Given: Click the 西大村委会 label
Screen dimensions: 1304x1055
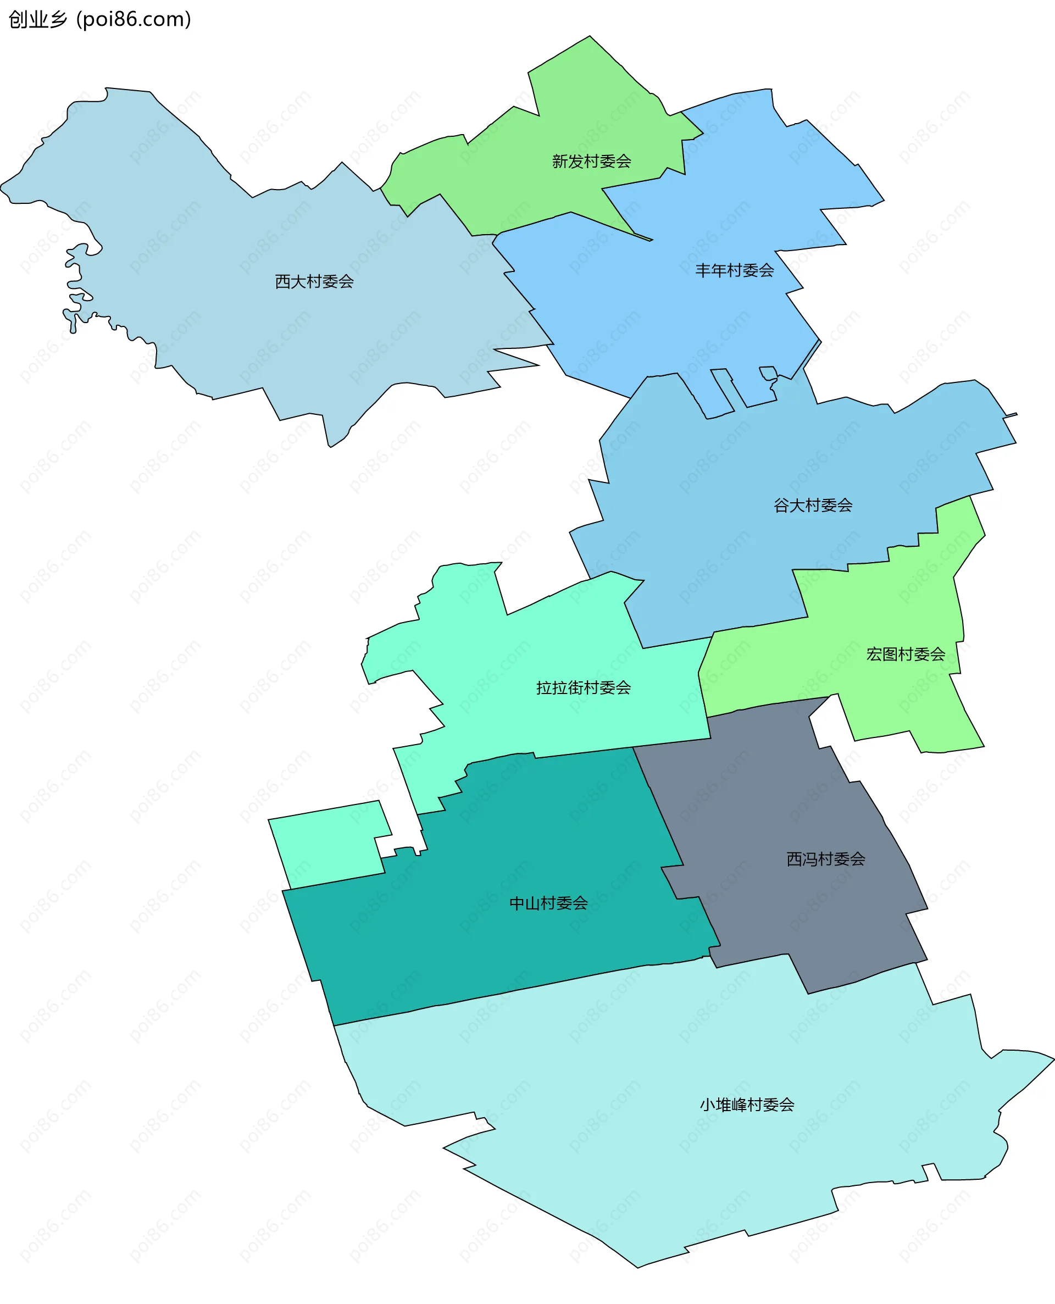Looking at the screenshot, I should (x=314, y=281).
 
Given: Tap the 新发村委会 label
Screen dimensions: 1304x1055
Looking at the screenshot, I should (x=591, y=161).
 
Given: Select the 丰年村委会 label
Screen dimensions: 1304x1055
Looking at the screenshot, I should (x=734, y=270).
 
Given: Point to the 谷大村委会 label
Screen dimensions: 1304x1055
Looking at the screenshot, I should (x=813, y=505).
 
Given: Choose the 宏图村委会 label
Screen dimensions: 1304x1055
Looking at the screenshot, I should (x=906, y=654).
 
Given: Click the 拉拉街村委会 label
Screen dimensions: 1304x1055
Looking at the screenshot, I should (x=584, y=687).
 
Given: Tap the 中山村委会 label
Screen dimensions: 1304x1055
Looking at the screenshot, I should (x=548, y=903).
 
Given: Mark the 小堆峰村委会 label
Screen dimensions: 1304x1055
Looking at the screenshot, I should (x=747, y=1104).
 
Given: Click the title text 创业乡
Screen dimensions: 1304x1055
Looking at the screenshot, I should (x=38, y=19).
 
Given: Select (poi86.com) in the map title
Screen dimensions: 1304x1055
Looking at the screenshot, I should (x=134, y=19).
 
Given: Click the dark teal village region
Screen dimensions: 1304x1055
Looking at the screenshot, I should (x=486, y=948).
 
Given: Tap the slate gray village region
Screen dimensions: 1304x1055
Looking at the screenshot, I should (x=790, y=912).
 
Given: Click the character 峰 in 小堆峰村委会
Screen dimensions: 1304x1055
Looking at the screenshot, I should (x=739, y=1104).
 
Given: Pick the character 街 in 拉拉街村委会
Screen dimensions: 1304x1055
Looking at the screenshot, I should (x=575, y=687).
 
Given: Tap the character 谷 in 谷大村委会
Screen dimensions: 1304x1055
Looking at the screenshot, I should (x=781, y=505).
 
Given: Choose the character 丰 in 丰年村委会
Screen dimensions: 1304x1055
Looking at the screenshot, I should (x=703, y=270).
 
